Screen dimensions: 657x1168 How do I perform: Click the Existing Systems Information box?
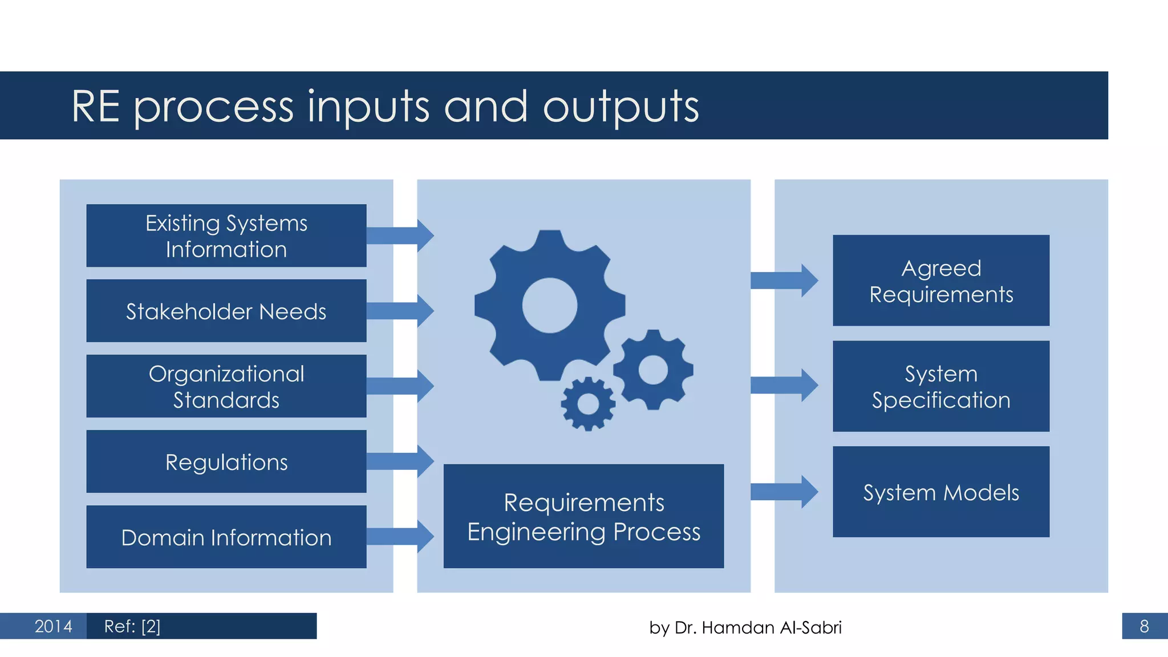[226, 236]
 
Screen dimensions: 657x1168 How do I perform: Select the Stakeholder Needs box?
[226, 311]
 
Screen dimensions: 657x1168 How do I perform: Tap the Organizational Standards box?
[226, 386]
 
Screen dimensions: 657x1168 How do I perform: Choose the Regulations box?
[226, 461]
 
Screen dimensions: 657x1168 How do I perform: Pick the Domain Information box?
[226, 537]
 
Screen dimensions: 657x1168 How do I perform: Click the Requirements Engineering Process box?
[583, 516]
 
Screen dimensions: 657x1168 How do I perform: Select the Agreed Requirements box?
[941, 281]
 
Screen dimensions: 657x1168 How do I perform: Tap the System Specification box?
[941, 386]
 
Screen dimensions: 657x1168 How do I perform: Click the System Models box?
[941, 492]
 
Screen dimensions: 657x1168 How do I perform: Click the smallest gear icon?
[588, 404]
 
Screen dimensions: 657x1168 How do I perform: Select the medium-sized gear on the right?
[653, 370]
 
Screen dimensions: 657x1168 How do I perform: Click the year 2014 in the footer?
[53, 626]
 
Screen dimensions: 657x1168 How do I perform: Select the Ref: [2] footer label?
[132, 626]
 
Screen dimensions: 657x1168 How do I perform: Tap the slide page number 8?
[1144, 626]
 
